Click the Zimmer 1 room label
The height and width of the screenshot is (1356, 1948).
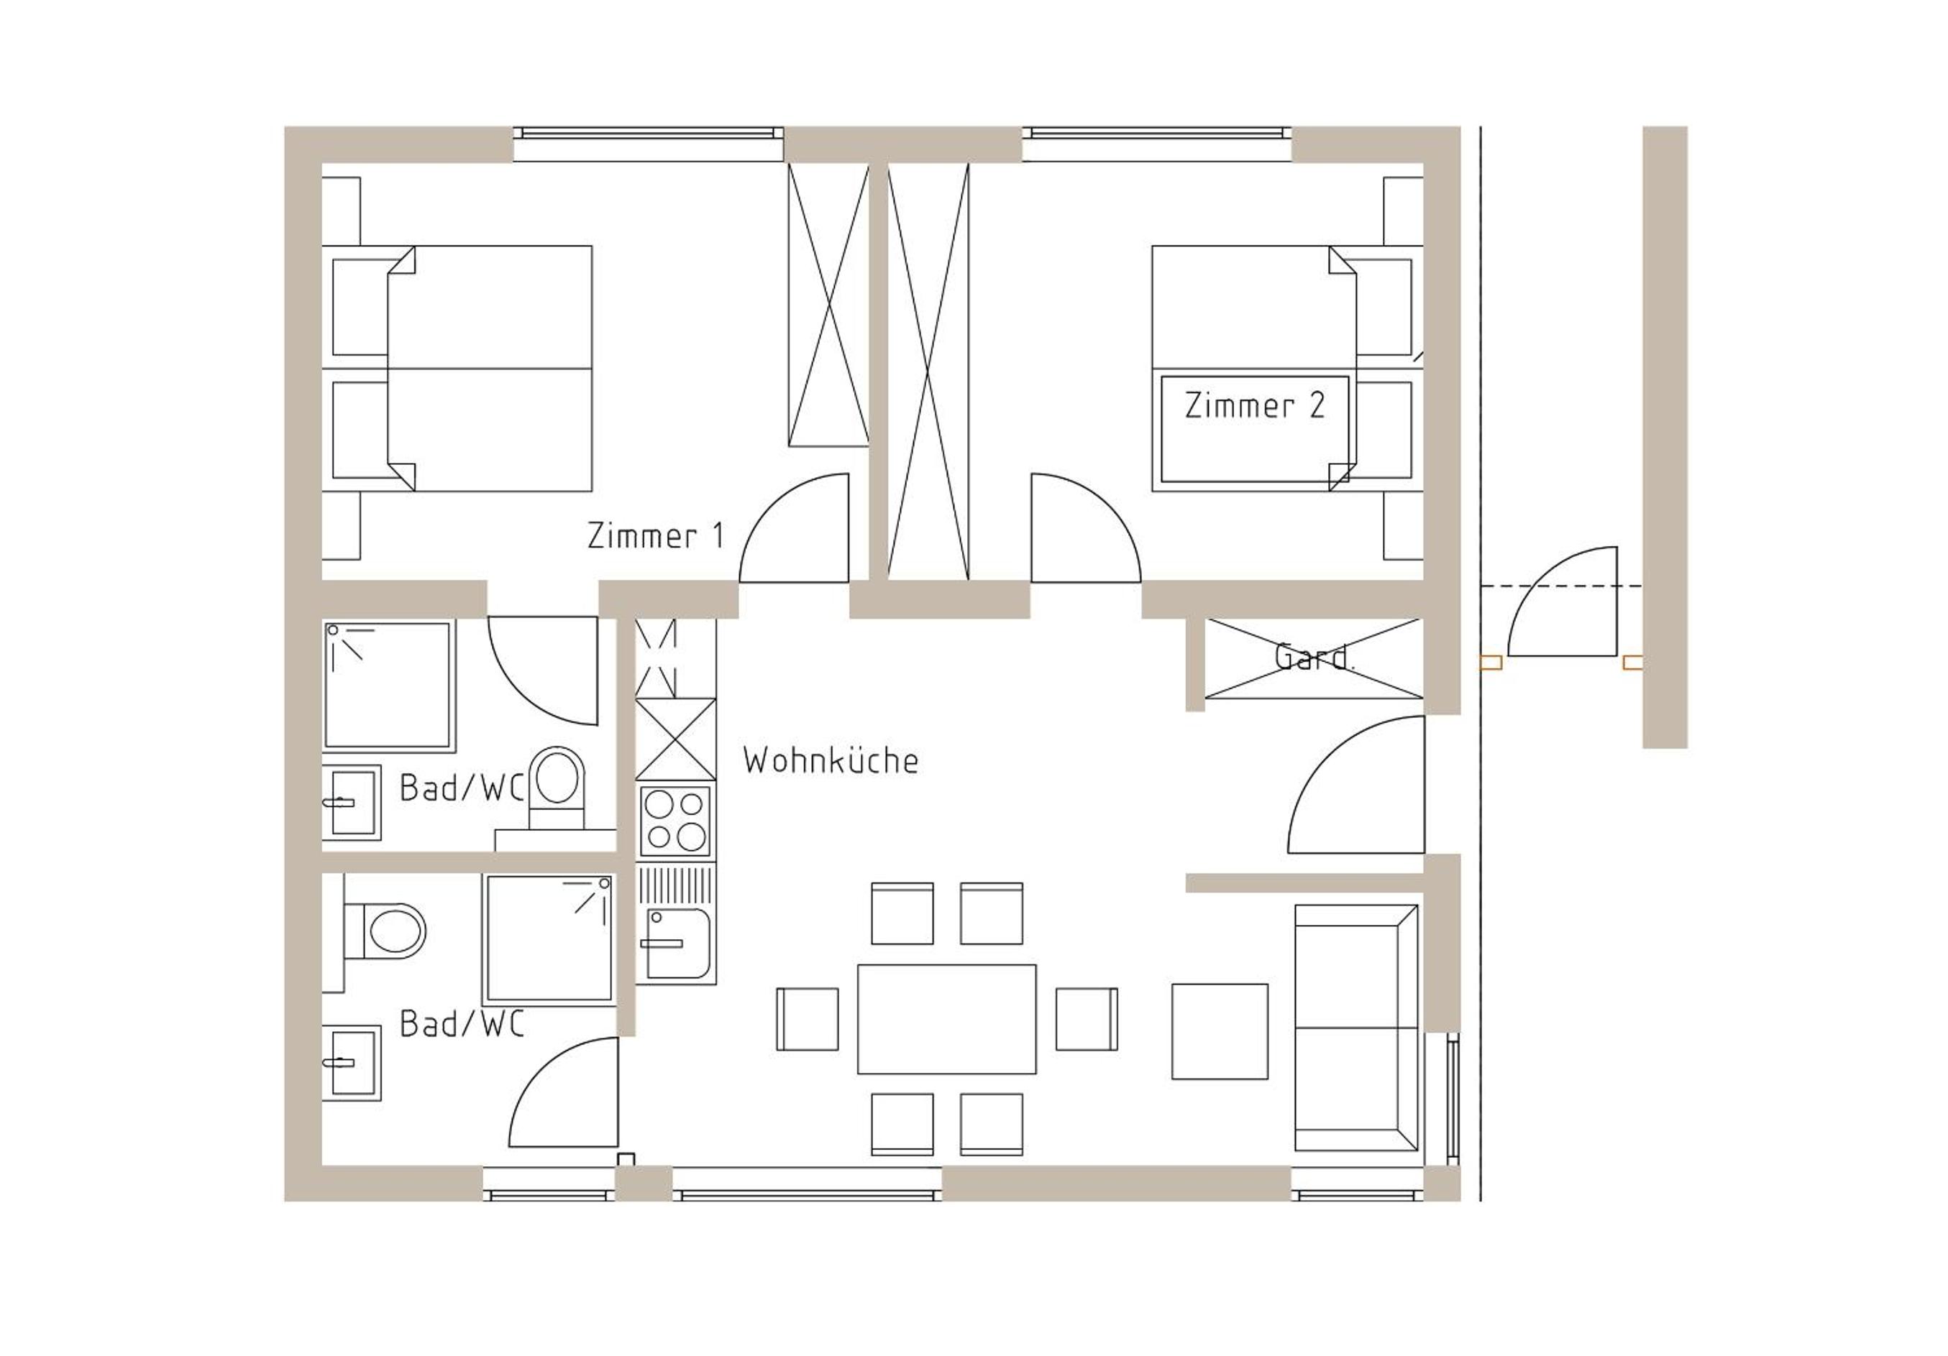click(656, 536)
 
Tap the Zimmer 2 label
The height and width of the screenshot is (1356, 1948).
click(1254, 405)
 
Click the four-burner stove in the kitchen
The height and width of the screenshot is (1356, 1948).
click(675, 821)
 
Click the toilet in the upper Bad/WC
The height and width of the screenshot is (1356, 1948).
click(557, 787)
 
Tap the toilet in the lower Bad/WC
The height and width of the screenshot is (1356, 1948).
click(384, 931)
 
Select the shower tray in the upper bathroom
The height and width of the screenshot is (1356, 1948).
click(388, 686)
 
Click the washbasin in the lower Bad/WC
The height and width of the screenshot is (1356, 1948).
click(351, 1063)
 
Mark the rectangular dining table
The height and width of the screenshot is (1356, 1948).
click(946, 1019)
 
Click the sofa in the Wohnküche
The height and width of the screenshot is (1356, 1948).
click(1355, 1028)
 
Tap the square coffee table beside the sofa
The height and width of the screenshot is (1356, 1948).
click(1219, 1031)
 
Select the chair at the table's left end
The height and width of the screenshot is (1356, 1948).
click(807, 1019)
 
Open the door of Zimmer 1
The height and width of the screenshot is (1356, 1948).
click(794, 528)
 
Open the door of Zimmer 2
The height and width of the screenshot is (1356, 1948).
click(1086, 528)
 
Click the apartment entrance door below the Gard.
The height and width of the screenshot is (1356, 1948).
click(1355, 785)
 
